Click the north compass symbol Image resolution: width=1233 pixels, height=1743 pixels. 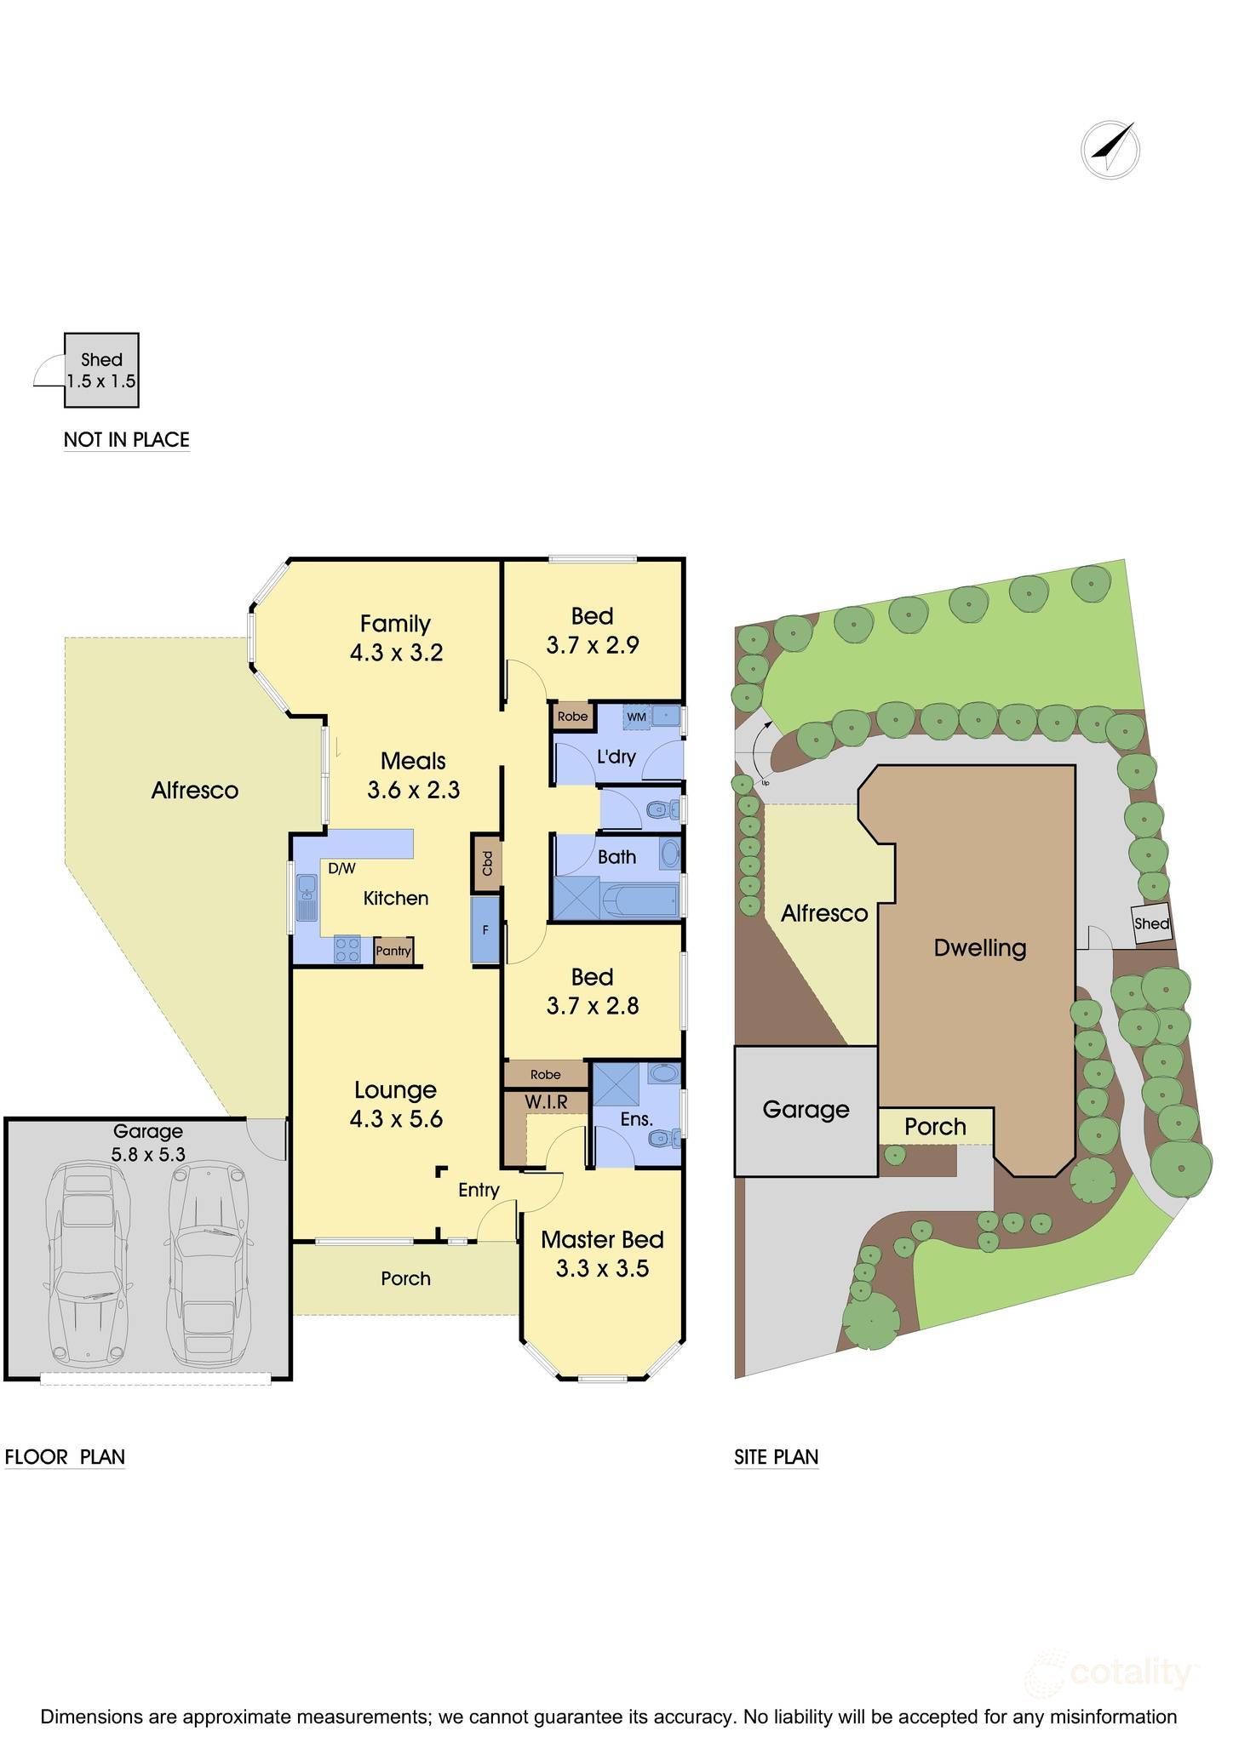pos(1110,150)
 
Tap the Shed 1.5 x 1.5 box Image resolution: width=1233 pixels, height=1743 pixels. pos(102,370)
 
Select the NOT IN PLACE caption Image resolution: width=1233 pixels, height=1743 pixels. pos(126,440)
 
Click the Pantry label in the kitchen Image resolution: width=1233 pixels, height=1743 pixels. pos(393,951)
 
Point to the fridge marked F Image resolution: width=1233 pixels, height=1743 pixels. pos(485,930)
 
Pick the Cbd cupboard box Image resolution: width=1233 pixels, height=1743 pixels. pos(487,863)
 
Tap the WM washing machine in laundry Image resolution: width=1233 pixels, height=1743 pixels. pos(637,717)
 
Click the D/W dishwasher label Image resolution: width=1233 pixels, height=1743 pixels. pos(341,869)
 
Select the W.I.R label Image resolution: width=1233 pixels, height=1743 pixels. pos(546,1102)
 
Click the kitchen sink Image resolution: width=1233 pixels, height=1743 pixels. pos(306,898)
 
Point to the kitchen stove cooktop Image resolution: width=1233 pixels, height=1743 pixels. pos(347,950)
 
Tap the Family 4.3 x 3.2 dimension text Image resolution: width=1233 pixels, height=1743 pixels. pos(396,653)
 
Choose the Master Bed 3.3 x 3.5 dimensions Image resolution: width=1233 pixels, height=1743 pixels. pos(602,1268)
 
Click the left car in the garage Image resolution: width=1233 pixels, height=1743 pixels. pos(89,1266)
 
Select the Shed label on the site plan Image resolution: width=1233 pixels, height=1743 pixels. pos(1151,924)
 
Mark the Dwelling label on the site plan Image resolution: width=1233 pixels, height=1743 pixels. pos(979,948)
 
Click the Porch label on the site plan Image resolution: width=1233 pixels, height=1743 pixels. pos(935,1127)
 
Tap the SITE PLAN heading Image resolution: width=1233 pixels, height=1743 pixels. pos(776,1457)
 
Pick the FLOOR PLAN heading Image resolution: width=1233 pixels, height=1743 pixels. pos(65,1457)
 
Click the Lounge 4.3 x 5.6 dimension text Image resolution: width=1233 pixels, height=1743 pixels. pos(396,1119)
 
